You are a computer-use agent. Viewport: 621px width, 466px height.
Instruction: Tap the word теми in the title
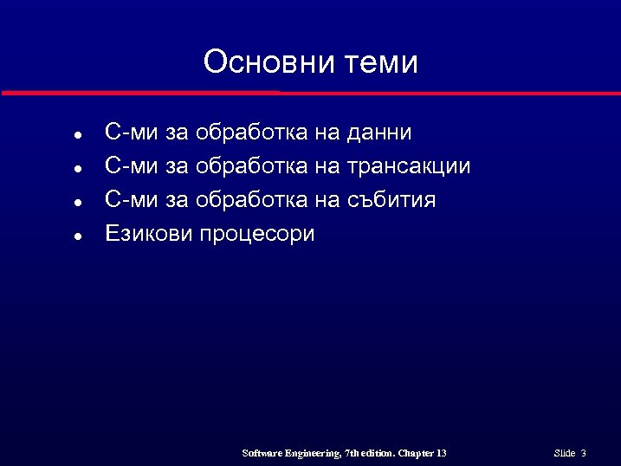coord(381,62)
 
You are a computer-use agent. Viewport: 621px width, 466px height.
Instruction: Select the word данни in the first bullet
coord(378,133)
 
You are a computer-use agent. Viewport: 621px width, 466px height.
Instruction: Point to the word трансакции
coord(408,167)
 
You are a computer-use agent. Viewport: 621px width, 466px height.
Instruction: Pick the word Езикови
coord(148,234)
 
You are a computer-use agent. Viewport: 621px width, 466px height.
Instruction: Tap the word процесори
coord(257,235)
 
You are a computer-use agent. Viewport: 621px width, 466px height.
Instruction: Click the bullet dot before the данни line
coord(77,136)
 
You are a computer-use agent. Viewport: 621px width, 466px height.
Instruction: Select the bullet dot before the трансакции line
coord(77,169)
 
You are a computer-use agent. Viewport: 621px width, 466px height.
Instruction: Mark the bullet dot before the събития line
coord(77,202)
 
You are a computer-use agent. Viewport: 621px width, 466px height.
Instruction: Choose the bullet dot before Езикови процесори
coord(77,236)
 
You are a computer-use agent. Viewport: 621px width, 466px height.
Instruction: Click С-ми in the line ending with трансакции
coord(131,166)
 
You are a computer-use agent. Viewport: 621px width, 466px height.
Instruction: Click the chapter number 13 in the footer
coord(442,453)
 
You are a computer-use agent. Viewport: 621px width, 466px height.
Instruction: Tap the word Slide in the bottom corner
coord(564,453)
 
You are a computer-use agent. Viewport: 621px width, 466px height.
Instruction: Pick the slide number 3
coord(584,453)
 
